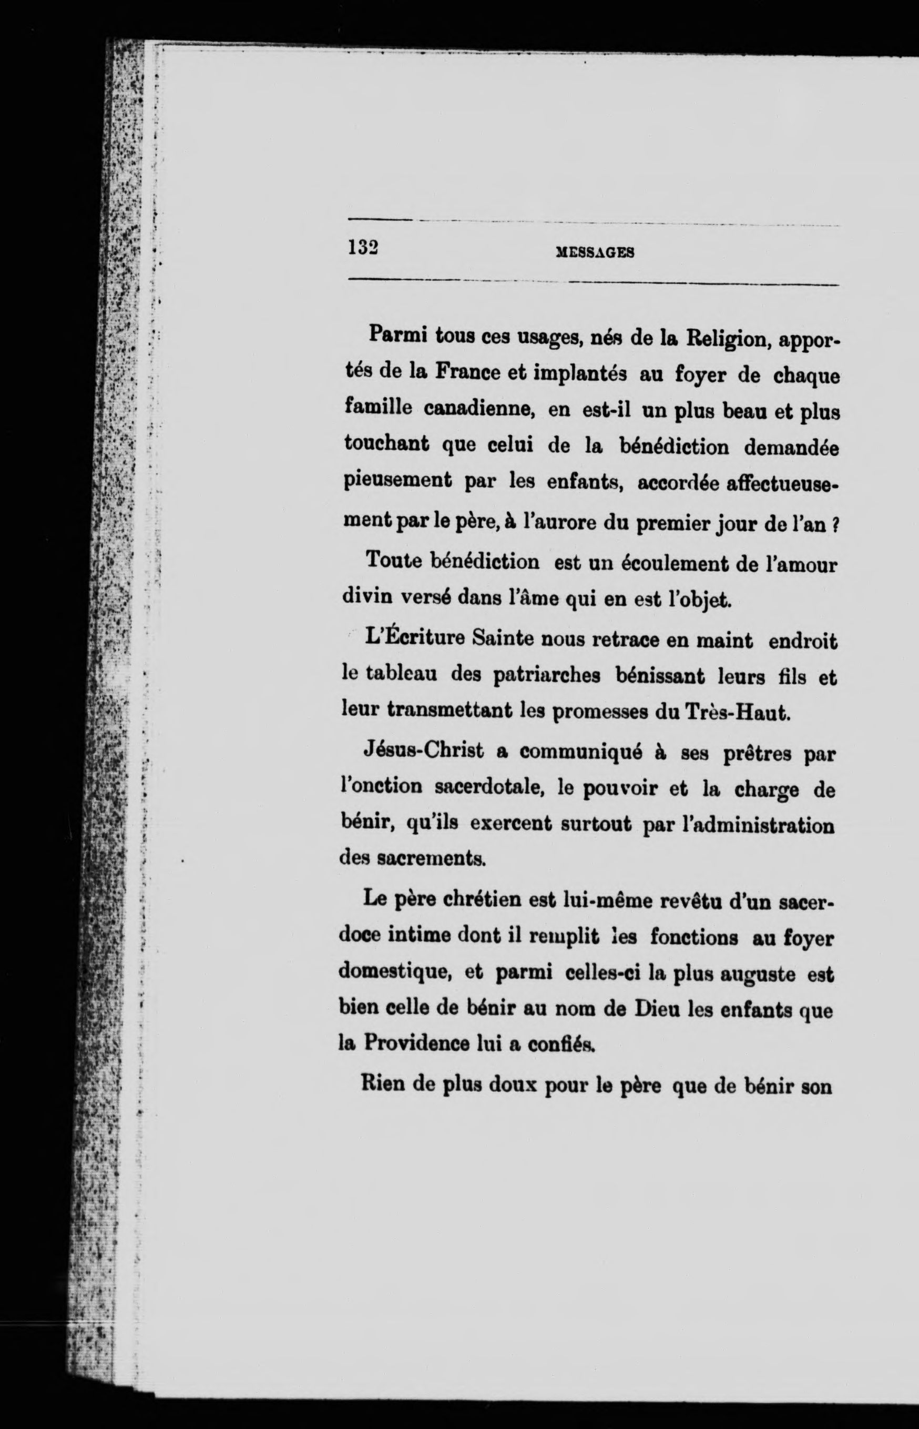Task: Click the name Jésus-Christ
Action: (423, 752)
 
